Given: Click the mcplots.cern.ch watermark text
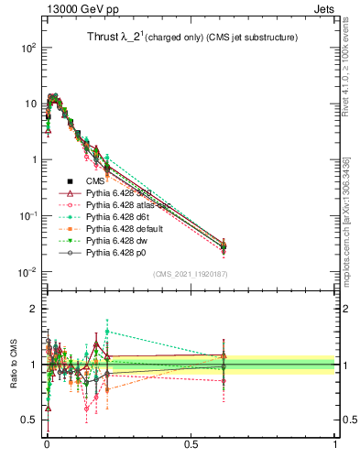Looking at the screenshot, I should [x=346, y=211].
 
